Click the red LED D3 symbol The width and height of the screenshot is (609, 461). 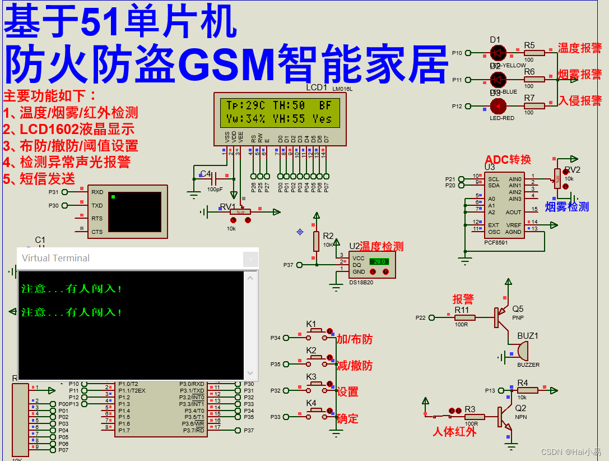497,106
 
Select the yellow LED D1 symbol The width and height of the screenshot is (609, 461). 497,53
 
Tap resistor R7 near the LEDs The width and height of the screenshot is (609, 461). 535,105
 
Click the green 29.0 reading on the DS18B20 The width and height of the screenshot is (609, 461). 379,261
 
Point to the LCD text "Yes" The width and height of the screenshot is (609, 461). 322,119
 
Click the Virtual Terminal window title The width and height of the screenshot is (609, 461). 55,258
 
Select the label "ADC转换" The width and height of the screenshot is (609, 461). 508,159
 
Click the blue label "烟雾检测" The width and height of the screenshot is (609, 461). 566,207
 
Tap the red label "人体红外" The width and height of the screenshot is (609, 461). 454,432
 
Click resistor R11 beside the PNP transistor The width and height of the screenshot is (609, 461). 464,317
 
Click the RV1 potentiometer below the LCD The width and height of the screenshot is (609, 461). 240,211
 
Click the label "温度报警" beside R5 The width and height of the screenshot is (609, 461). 579,48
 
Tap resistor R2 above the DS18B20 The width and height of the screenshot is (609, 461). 317,241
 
